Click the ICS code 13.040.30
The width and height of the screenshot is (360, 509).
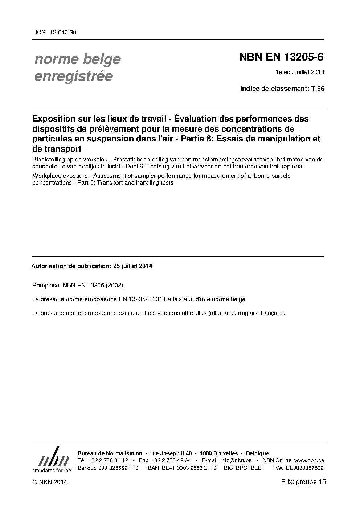pos(63,33)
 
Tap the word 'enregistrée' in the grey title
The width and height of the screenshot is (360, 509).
pos(73,76)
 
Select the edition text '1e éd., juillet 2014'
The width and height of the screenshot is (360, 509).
pos(300,72)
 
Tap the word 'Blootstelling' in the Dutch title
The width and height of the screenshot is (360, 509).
pos(49,160)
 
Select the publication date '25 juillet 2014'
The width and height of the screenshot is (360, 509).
pos(133,266)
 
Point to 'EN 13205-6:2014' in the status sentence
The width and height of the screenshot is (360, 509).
pos(142,299)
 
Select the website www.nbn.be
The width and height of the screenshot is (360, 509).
pos(309,460)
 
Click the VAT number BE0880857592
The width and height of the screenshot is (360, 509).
pos(304,468)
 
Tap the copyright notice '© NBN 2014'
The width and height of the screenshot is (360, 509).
pos(50,482)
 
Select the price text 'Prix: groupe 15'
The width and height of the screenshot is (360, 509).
pos(303,482)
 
